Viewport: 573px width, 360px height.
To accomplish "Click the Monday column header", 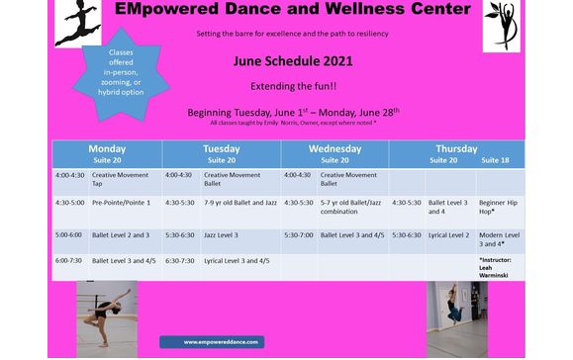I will pyautogui.click(x=107, y=148).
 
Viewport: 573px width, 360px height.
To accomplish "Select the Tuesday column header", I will pyautogui.click(x=221, y=148).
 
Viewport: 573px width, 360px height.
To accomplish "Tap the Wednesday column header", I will pyautogui.click(x=334, y=148).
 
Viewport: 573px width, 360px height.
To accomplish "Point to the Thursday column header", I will pyautogui.click(x=456, y=148).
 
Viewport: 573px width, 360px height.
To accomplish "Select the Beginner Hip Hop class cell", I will pyautogui.click(x=499, y=207).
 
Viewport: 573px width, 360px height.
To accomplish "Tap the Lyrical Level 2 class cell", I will pyautogui.click(x=448, y=234).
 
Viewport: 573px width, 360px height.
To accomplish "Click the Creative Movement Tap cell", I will pyautogui.click(x=118, y=179).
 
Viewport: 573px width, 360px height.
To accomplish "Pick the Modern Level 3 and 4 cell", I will pyautogui.click(x=499, y=238).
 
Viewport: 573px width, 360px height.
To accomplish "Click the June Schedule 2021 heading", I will pyautogui.click(x=280, y=61).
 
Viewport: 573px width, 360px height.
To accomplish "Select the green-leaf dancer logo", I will pyautogui.click(x=502, y=27).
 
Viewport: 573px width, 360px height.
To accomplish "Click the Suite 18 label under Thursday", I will pyautogui.click(x=495, y=159).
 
